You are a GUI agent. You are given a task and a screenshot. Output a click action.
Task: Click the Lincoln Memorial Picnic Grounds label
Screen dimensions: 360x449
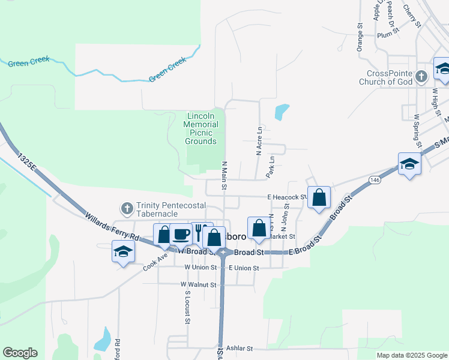pyautogui.click(x=200, y=128)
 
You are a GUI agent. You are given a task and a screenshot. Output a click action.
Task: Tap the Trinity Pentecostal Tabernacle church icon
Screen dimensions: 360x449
pyautogui.click(x=127, y=209)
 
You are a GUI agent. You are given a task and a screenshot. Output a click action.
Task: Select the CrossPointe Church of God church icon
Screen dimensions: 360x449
pyautogui.click(x=421, y=76)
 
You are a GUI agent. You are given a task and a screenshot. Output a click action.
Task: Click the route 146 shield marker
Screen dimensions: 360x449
pyautogui.click(x=375, y=179)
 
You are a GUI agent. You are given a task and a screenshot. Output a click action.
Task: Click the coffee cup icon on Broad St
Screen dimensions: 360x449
pyautogui.click(x=181, y=234)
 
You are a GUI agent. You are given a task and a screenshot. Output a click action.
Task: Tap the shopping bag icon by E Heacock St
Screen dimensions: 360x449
pyautogui.click(x=319, y=197)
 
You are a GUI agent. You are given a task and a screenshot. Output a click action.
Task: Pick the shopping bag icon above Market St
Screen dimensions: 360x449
pyautogui.click(x=259, y=228)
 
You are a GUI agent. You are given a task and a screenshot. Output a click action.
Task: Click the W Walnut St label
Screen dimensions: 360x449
pyautogui.click(x=197, y=284)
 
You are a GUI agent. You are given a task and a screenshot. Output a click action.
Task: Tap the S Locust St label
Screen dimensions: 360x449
pyautogui.click(x=187, y=307)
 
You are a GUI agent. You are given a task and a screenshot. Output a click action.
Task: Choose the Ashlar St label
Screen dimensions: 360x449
pyautogui.click(x=240, y=348)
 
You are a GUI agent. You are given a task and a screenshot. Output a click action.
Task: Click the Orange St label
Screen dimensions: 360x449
pyautogui.click(x=360, y=38)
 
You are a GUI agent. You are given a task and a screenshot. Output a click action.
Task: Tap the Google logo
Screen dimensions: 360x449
pyautogui.click(x=20, y=353)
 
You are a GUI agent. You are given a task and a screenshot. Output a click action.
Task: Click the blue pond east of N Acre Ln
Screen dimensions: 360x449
pyautogui.click(x=281, y=112)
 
